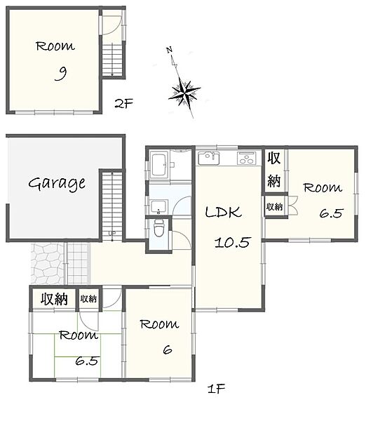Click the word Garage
[x=57, y=184]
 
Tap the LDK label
[x=223, y=212]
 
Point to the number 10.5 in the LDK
[x=232, y=242]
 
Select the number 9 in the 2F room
[x=61, y=74]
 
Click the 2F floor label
[x=123, y=103]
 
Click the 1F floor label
[x=216, y=389]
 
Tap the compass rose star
[x=184, y=92]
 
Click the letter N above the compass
[x=169, y=50]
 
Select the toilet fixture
[x=158, y=227]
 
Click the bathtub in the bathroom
[x=159, y=165]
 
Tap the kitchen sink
[x=208, y=158]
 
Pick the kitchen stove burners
[x=247, y=158]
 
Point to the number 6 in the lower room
[x=168, y=350]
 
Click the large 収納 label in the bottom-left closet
[x=54, y=299]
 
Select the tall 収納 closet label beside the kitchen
[x=274, y=169]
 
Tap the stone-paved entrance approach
[x=48, y=263]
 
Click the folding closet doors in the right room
[x=293, y=206]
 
